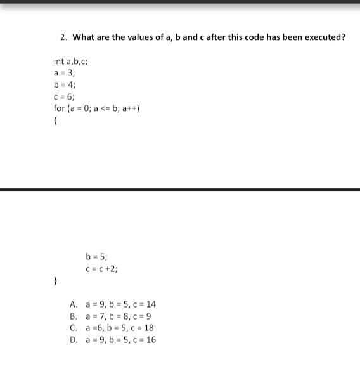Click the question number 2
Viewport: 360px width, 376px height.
click(x=63, y=37)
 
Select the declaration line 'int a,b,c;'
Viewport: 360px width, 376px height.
click(x=70, y=62)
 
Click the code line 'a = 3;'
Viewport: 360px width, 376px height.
click(x=65, y=73)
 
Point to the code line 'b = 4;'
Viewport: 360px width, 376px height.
click(x=65, y=85)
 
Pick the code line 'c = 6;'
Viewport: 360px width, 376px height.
click(x=65, y=96)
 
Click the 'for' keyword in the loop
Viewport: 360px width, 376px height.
click(x=59, y=108)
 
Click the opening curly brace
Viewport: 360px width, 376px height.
click(x=56, y=120)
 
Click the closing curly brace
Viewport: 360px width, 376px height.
click(x=56, y=280)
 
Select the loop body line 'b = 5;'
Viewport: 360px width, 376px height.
click(x=96, y=257)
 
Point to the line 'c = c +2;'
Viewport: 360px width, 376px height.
click(x=101, y=269)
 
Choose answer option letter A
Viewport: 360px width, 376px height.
click(x=74, y=304)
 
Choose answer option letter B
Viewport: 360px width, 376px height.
click(x=74, y=316)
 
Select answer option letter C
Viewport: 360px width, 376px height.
click(x=74, y=328)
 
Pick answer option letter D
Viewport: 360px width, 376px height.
click(x=74, y=340)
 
